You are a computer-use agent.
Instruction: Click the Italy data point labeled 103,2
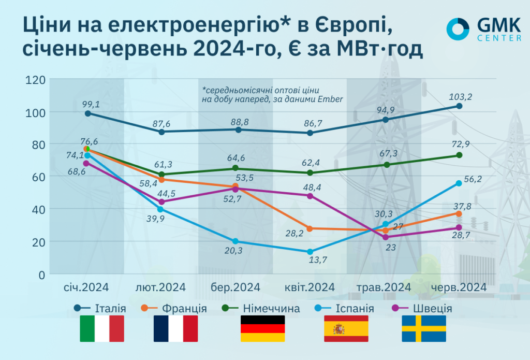pyautogui.click(x=459, y=106)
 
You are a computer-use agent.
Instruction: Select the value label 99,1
pyautogui.click(x=91, y=104)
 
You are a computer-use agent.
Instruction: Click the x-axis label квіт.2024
pyautogui.click(x=310, y=287)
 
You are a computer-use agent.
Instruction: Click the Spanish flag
pyautogui.click(x=346, y=328)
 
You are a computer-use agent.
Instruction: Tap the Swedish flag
pyautogui.click(x=424, y=328)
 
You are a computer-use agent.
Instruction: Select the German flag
pyautogui.click(x=263, y=328)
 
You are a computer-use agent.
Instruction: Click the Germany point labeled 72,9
pyautogui.click(x=459, y=155)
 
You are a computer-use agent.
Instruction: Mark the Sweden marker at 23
pyautogui.click(x=385, y=237)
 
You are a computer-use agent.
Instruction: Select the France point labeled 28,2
pyautogui.click(x=310, y=228)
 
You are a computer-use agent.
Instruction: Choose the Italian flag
pyautogui.click(x=102, y=328)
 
